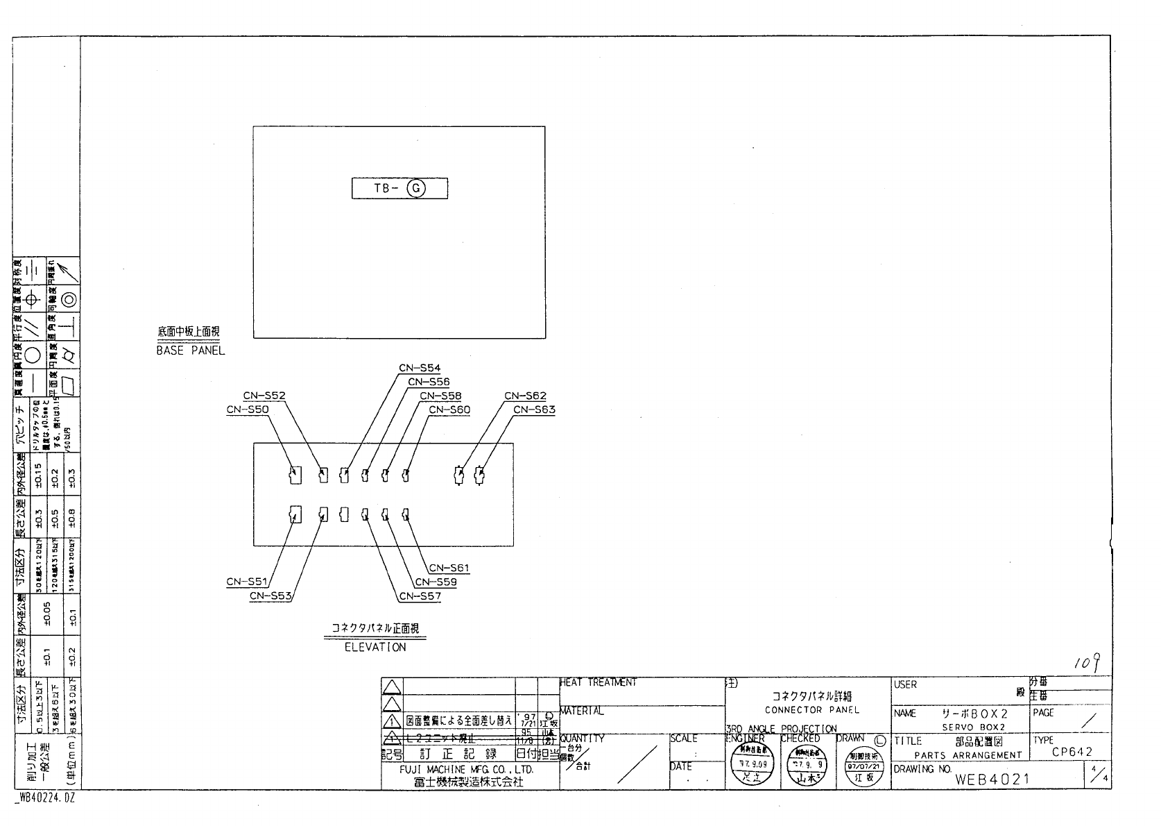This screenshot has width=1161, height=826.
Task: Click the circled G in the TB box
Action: tap(416, 188)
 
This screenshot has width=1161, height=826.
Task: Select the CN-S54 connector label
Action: tap(419, 368)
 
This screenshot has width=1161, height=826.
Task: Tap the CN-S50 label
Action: tap(248, 410)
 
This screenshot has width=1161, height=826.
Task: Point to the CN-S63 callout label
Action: tap(534, 410)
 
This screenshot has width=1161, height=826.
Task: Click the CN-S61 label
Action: tap(449, 568)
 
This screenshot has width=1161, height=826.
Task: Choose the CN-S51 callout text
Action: tap(247, 582)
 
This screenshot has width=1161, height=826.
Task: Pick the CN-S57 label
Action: tap(420, 596)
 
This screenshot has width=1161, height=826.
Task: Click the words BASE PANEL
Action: tap(191, 351)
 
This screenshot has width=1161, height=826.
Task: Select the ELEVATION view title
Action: tap(375, 647)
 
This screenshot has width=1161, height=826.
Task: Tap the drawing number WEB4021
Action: tap(991, 779)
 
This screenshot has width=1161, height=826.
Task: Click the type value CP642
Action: tap(1072, 752)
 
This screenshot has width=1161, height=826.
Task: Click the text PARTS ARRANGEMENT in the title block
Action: tap(968, 755)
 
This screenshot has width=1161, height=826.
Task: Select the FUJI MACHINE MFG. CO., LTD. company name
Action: tap(466, 770)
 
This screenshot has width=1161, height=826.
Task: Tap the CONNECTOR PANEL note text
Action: tap(811, 709)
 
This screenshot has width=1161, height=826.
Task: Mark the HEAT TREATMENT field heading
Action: tap(598, 683)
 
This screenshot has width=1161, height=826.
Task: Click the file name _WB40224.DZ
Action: tap(44, 799)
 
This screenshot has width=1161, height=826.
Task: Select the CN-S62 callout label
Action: tap(525, 396)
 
